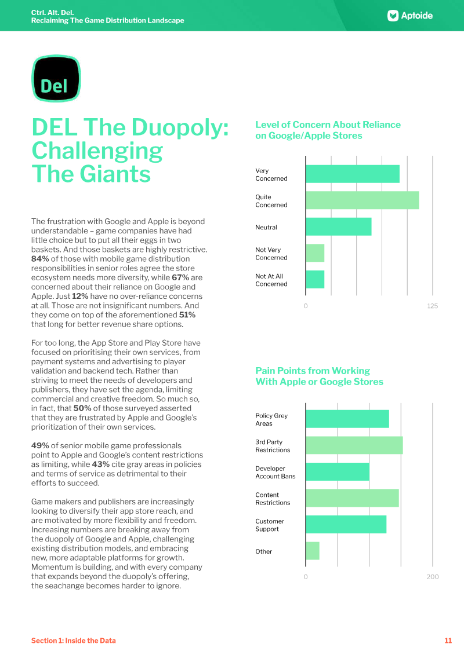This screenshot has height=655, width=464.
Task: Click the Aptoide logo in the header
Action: click(x=410, y=16)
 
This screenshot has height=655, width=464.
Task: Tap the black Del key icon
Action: click(x=55, y=79)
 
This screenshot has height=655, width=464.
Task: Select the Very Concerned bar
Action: click(x=352, y=174)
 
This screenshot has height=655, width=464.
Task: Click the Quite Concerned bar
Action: click(x=362, y=200)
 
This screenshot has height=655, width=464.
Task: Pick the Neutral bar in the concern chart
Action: click(x=338, y=227)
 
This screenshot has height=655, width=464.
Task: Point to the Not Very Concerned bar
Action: click(x=315, y=253)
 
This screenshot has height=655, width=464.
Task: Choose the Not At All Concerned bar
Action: click(x=315, y=280)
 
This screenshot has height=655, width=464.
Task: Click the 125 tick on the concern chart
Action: click(x=432, y=306)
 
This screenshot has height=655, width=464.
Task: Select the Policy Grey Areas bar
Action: click(x=347, y=419)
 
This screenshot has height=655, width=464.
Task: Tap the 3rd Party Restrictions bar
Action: click(x=354, y=445)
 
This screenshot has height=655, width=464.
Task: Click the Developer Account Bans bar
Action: click(x=337, y=472)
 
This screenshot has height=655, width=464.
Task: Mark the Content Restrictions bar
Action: click(x=352, y=498)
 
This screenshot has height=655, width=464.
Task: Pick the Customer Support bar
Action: click(x=346, y=525)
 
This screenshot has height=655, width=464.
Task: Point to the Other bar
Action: click(x=312, y=551)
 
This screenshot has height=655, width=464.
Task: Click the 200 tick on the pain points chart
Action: click(x=432, y=577)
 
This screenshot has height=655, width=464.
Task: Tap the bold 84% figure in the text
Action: click(x=40, y=259)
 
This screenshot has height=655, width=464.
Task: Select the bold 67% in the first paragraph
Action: click(x=180, y=277)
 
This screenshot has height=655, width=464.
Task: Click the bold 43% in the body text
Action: click(x=100, y=464)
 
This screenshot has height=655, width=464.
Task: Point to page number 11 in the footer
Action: click(x=448, y=641)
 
